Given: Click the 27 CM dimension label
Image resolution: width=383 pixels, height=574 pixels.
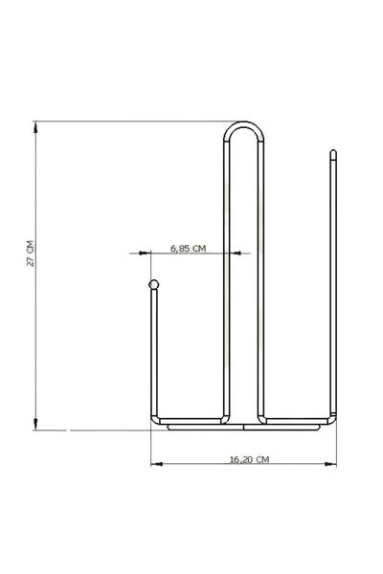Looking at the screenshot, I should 31,254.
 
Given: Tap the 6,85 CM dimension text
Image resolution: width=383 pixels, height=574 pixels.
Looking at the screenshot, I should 189,248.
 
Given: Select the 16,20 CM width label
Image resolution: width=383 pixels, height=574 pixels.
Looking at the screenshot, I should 249,460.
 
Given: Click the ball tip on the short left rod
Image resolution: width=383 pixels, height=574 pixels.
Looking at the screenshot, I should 152,284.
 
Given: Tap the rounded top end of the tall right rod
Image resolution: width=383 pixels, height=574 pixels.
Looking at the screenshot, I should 333,153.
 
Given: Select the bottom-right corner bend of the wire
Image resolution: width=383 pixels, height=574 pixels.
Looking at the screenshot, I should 333,419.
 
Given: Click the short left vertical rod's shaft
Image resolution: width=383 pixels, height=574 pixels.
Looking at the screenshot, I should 152,354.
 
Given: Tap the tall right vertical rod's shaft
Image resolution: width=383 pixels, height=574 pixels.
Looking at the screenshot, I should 333,287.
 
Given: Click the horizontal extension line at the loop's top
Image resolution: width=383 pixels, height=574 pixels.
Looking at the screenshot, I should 134,121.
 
